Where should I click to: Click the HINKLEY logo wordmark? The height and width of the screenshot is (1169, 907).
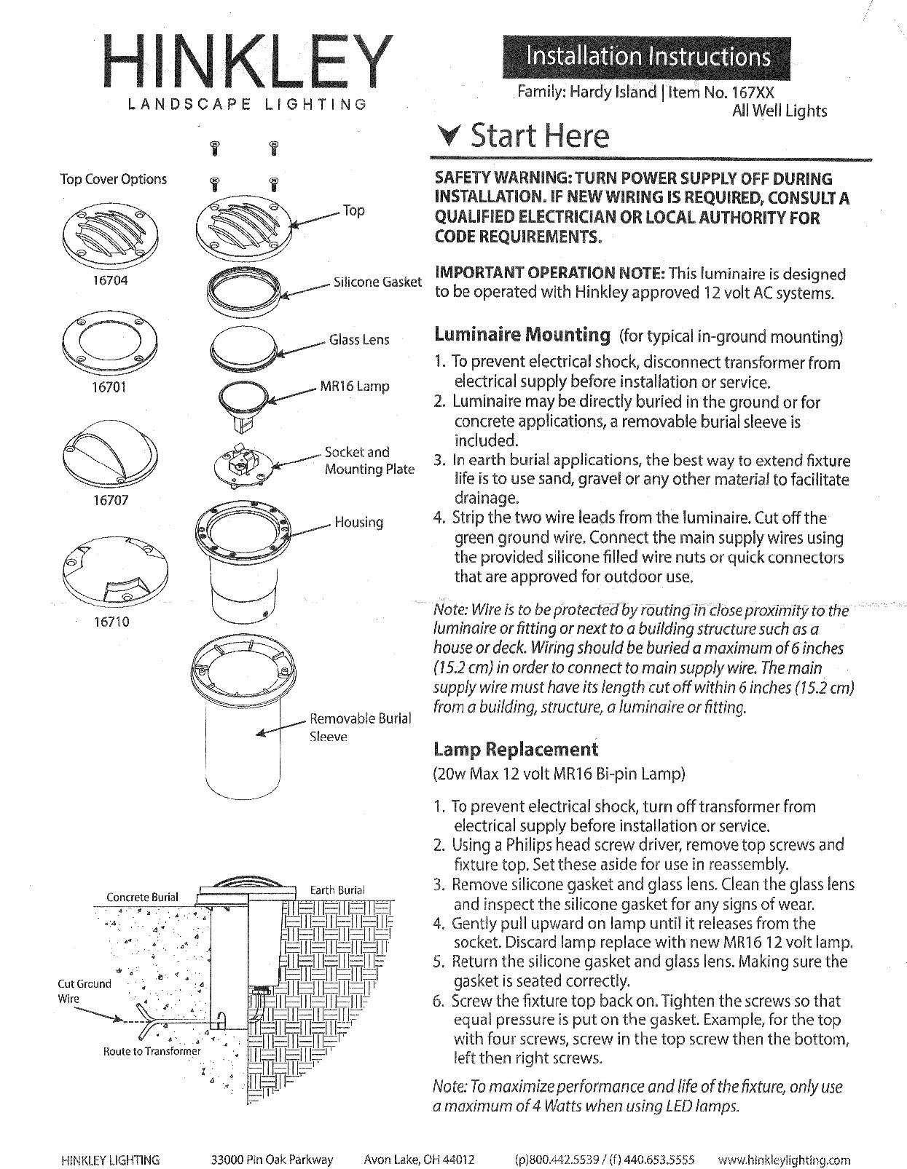pyautogui.click(x=247, y=63)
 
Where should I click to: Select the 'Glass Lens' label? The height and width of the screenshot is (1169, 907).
pyautogui.click(x=359, y=340)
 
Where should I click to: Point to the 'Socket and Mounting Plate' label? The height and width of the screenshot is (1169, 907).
pyautogui.click(x=369, y=461)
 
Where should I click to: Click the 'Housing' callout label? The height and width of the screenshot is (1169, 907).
pyautogui.click(x=358, y=522)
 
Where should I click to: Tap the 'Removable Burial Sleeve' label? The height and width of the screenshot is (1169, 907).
pyautogui.click(x=360, y=727)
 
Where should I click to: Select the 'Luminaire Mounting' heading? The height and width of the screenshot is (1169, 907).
pyautogui.click(x=522, y=335)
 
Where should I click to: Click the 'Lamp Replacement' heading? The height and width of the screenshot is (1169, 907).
pyautogui.click(x=516, y=749)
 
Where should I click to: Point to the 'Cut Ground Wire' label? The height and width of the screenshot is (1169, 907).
pyautogui.click(x=85, y=991)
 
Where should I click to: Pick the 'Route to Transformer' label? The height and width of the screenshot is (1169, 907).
pyautogui.click(x=152, y=1051)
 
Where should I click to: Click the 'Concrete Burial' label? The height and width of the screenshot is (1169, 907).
pyautogui.click(x=142, y=897)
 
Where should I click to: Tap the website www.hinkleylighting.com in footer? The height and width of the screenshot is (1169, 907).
pyautogui.click(x=784, y=1160)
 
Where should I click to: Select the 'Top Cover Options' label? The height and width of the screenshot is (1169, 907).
pyautogui.click(x=113, y=179)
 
